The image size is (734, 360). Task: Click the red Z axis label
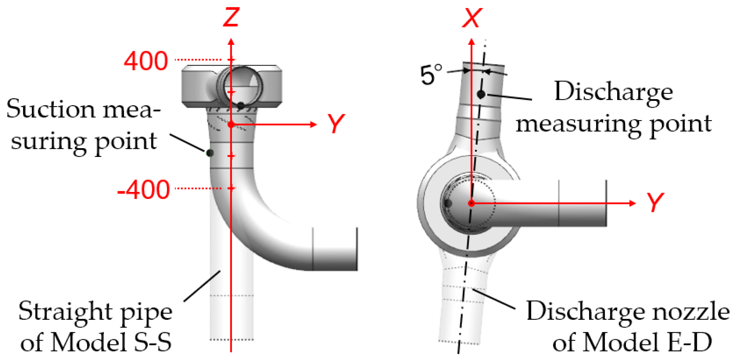click(231, 17)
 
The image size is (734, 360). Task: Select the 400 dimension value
click(146, 61)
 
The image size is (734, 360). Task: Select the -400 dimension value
click(144, 190)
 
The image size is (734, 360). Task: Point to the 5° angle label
click(431, 74)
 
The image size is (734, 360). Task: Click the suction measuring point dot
click(210, 153)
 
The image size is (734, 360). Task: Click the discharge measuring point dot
click(481, 94)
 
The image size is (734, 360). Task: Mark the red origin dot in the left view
click(231, 124)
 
